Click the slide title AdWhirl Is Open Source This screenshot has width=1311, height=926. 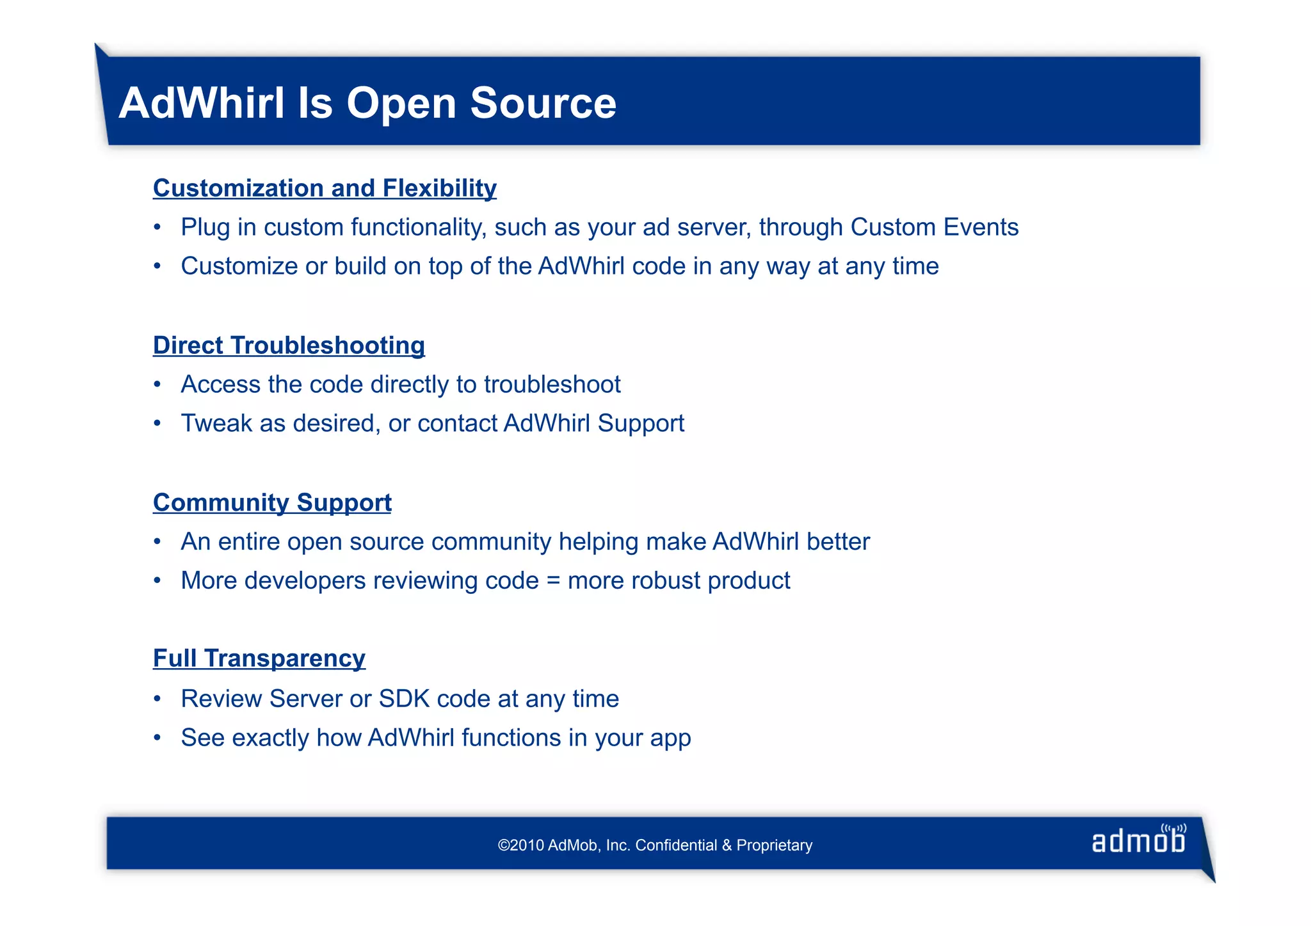pyautogui.click(x=367, y=103)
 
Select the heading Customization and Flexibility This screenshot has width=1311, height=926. pyautogui.click(x=325, y=188)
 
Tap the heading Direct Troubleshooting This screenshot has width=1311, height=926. pyautogui.click(x=289, y=346)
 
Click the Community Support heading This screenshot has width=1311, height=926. pyautogui.click(x=272, y=502)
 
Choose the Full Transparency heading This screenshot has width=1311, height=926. pyautogui.click(x=259, y=659)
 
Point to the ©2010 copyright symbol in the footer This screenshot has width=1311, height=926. pyautogui.click(x=503, y=845)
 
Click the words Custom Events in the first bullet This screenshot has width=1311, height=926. pyautogui.click(x=934, y=227)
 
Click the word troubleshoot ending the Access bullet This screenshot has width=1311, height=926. pyautogui.click(x=552, y=385)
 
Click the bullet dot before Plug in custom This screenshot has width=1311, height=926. pyautogui.click(x=157, y=228)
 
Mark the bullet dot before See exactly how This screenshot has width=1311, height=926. pyautogui.click(x=157, y=738)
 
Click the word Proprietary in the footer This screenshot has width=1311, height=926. pyautogui.click(x=774, y=845)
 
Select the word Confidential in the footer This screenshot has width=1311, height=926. pyautogui.click(x=676, y=845)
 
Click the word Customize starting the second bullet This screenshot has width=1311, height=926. pyautogui.click(x=239, y=266)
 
